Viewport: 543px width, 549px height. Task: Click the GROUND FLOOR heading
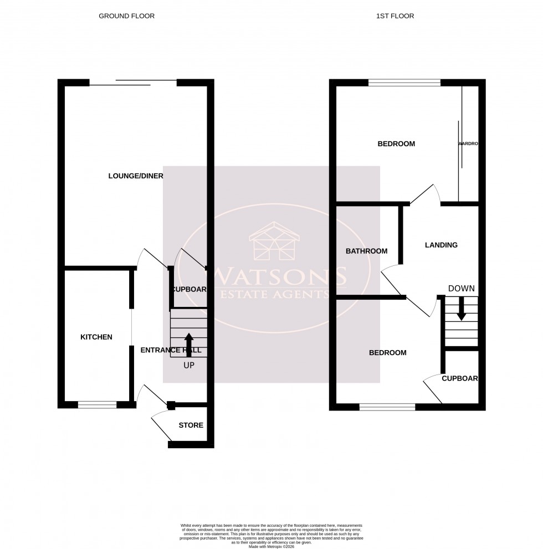click(126, 16)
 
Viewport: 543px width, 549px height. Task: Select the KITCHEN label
click(96, 337)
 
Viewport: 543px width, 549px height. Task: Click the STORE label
click(191, 425)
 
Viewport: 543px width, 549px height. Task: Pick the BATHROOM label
click(366, 251)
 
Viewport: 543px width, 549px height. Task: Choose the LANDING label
click(441, 245)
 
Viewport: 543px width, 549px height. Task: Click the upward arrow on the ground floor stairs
click(189, 343)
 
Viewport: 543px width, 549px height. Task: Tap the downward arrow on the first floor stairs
click(461, 309)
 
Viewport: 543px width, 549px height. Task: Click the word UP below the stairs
click(189, 365)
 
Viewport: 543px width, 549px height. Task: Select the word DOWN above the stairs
click(461, 289)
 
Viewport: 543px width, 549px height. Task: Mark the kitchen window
click(98, 405)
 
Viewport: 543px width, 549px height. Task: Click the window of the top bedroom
click(404, 83)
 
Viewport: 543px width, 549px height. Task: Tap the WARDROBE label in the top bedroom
click(468, 144)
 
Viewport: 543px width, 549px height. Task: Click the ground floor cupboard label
click(189, 289)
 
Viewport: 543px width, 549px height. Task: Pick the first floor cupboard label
click(460, 379)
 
